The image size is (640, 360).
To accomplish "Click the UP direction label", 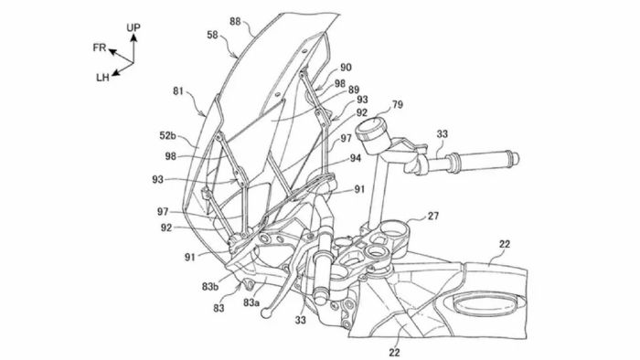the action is (133, 27).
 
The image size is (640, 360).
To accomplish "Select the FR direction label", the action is (99, 48).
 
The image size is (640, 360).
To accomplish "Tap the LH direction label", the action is (102, 78).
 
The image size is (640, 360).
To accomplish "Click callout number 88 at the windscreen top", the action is (235, 21).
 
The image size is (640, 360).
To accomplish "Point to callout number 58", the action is (212, 35).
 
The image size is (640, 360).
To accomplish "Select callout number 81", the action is (178, 91).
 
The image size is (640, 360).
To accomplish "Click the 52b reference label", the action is (167, 135).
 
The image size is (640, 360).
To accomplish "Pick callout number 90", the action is (346, 68).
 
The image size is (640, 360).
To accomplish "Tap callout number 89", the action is (354, 90).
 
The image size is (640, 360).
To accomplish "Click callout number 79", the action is (397, 105).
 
